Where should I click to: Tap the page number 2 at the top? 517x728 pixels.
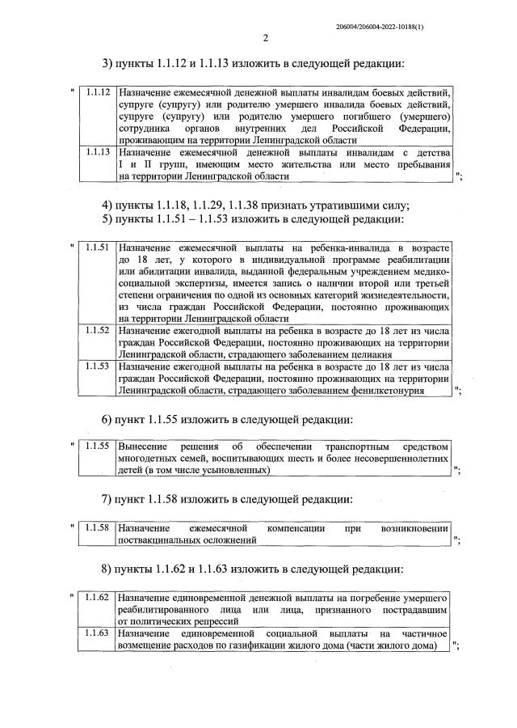point(264,37)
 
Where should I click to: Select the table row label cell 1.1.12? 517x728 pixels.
point(97,94)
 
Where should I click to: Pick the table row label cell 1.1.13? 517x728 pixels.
point(97,151)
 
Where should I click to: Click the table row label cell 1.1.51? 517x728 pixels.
point(97,247)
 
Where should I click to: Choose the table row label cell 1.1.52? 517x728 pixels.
point(97,331)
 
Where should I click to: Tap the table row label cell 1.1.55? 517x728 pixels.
point(97,446)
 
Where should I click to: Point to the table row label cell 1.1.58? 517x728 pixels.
point(97,527)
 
